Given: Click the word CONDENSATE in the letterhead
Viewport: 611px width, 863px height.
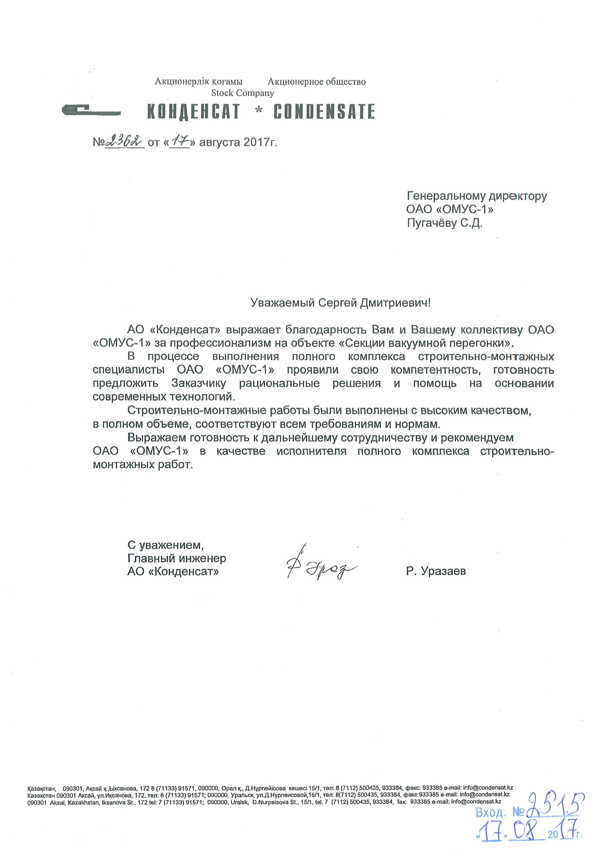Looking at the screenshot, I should click(324, 112).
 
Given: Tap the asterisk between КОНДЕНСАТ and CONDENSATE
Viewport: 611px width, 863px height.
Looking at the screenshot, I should click(258, 111).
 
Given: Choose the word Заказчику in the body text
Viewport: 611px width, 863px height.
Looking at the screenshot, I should click(198, 383).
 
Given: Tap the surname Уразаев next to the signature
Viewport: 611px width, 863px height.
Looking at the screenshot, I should click(443, 571).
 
